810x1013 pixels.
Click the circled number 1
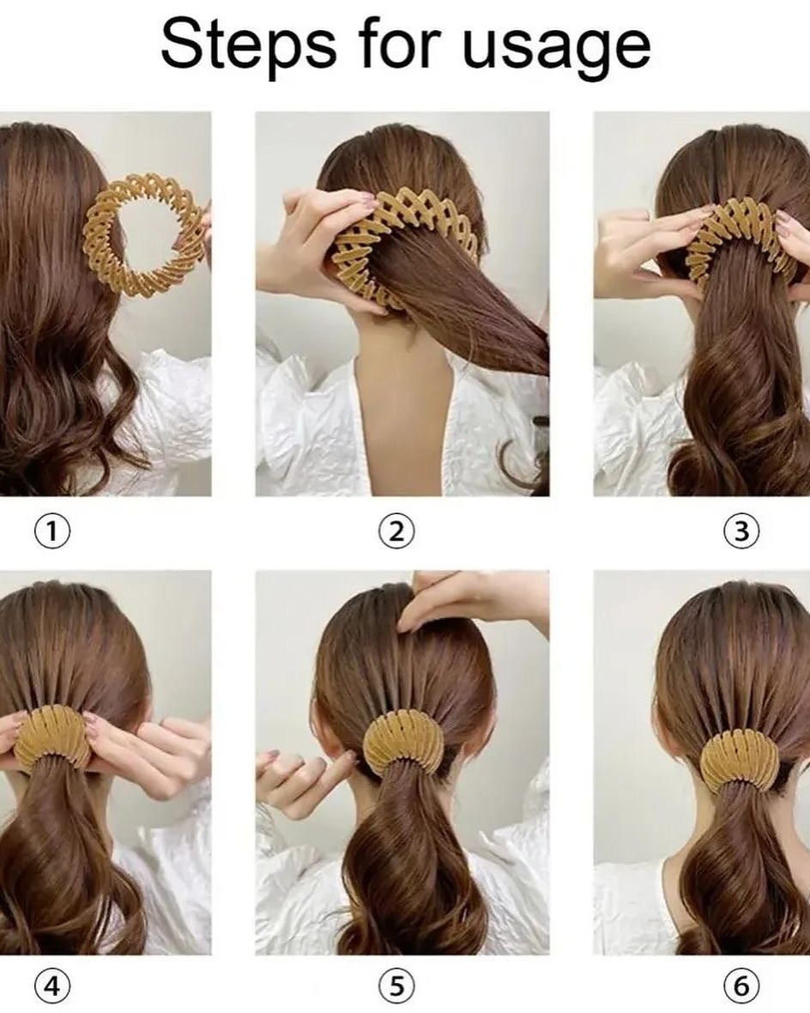(51, 531)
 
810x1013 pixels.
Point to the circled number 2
(396, 531)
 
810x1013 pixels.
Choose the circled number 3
(740, 531)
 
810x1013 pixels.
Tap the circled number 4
(51, 986)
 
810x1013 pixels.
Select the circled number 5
(396, 986)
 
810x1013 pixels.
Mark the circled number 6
(740, 986)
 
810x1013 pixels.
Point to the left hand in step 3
(646, 252)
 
